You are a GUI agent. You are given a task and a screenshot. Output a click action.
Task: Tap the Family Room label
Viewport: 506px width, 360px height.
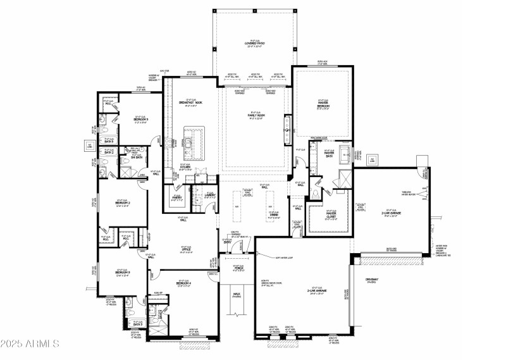point(254,116)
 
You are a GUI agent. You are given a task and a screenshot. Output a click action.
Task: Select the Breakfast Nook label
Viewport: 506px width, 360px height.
point(190,103)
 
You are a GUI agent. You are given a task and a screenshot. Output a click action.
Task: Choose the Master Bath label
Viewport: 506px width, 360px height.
point(329,153)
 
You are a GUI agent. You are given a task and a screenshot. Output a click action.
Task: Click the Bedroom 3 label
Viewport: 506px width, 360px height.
point(125,273)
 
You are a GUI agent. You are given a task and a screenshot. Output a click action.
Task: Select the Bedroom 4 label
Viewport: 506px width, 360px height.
point(183,283)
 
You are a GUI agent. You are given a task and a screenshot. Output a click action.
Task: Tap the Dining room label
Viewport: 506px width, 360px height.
point(273,216)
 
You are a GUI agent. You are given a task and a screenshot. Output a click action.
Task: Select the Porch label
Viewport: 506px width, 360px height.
point(238,268)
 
